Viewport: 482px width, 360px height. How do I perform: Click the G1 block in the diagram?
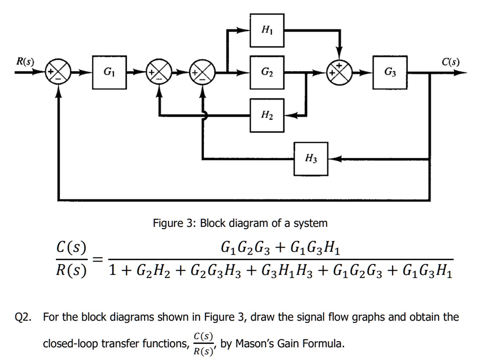[109, 73]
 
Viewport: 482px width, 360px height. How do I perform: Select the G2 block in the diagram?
[266, 73]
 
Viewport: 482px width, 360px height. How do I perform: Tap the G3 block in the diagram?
[390, 73]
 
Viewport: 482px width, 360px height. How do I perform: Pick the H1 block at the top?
[266, 31]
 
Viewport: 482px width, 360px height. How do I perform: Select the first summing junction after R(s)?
[57, 73]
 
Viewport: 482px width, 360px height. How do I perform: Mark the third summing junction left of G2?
[203, 73]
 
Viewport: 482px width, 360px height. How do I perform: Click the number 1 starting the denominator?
[112, 271]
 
